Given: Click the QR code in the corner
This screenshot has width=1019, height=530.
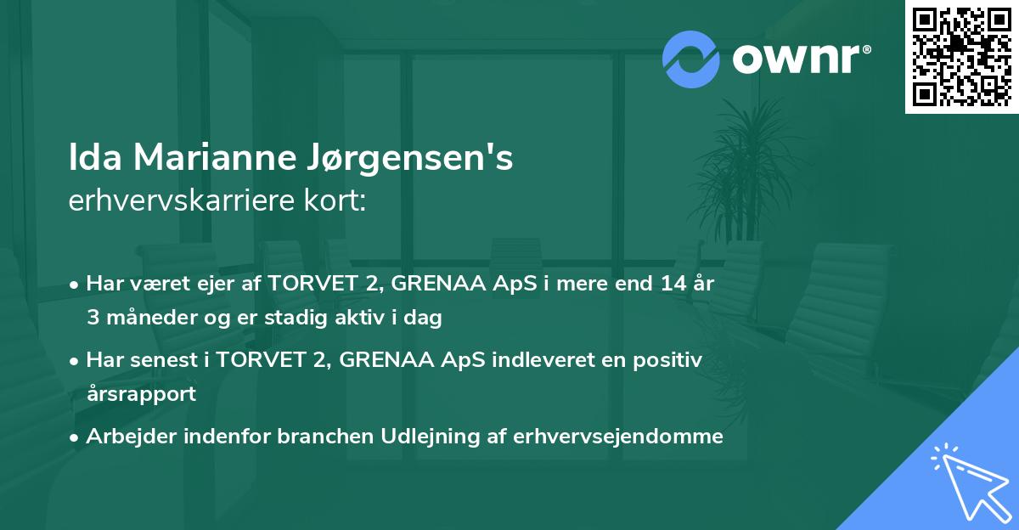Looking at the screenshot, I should (x=961, y=56).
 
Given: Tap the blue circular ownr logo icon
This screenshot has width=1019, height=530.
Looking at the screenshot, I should (x=691, y=59).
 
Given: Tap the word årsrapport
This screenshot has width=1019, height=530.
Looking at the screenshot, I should (x=140, y=394).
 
